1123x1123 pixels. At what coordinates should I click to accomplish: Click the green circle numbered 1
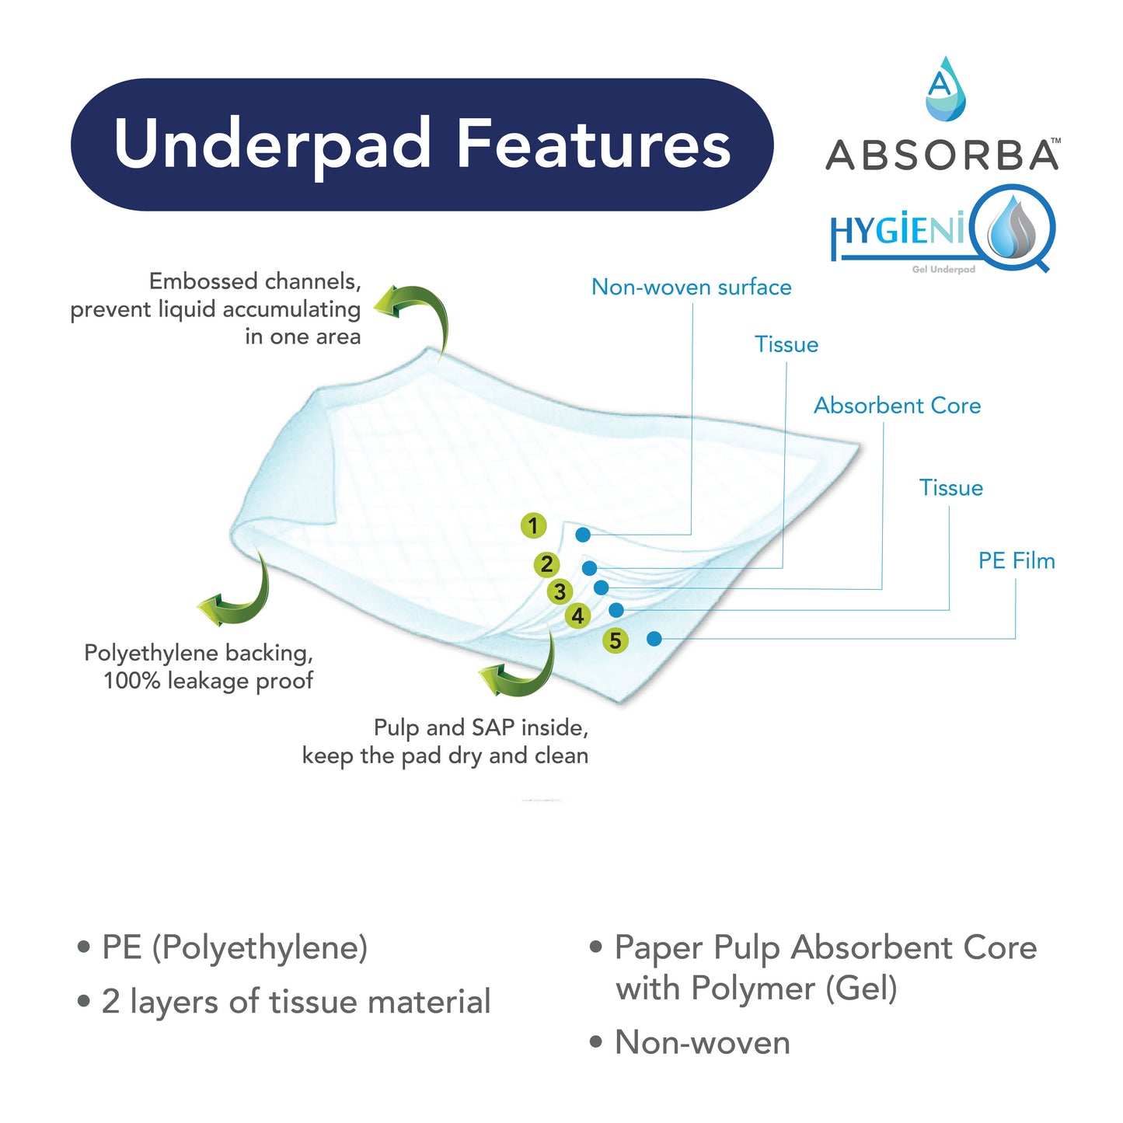(533, 526)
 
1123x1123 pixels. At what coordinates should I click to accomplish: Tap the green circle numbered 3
(560, 591)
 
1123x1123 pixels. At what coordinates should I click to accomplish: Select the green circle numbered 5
(616, 640)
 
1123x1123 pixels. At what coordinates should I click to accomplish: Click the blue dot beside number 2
(589, 568)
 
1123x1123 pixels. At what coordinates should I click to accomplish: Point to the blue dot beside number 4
(616, 610)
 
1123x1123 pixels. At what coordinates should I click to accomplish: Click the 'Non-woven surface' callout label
(691, 288)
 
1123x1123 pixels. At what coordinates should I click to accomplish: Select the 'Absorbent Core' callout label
(897, 406)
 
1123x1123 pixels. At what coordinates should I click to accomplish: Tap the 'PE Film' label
(1017, 561)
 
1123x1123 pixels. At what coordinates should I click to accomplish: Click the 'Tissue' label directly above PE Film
(950, 488)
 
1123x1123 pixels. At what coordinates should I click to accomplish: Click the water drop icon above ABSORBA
(944, 89)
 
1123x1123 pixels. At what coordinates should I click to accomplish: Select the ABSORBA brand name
(941, 155)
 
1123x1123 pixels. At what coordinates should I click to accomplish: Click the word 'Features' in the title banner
(594, 145)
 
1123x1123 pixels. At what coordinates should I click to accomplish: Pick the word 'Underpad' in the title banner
(272, 145)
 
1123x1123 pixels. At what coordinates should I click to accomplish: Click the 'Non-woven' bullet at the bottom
(702, 1043)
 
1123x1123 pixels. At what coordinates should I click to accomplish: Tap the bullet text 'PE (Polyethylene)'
(234, 947)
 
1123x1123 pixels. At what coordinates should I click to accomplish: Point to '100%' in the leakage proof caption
(132, 682)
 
